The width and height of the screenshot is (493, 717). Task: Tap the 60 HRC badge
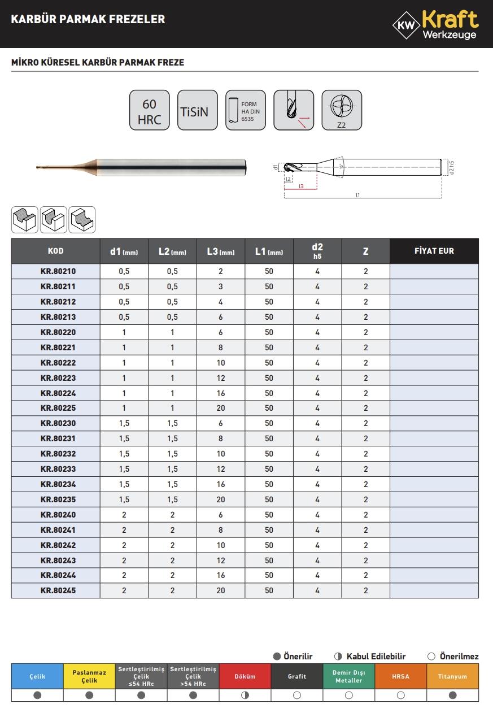click(150, 111)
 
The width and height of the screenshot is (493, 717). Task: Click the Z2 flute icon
click(341, 111)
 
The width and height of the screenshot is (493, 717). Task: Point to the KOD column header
click(56, 251)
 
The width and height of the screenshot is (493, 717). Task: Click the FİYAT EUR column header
click(434, 251)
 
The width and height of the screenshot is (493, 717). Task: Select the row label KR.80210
click(58, 271)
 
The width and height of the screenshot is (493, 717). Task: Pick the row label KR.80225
click(58, 408)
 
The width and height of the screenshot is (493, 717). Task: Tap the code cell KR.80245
click(58, 590)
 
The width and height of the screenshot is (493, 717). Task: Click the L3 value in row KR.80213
click(221, 317)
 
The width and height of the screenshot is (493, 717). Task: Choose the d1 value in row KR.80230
click(124, 423)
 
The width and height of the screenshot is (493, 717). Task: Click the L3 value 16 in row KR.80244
click(221, 575)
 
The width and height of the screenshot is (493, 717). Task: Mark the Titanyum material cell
click(452, 676)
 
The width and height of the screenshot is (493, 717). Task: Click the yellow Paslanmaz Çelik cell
click(89, 676)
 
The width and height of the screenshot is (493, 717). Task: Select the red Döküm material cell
click(245, 676)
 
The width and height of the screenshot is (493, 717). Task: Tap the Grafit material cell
click(297, 676)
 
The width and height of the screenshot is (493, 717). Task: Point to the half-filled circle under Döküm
click(245, 696)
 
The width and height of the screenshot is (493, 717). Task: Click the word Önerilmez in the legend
click(459, 657)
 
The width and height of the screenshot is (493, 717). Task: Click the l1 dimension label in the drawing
click(357, 195)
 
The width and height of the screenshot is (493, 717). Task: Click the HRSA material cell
click(400, 676)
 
